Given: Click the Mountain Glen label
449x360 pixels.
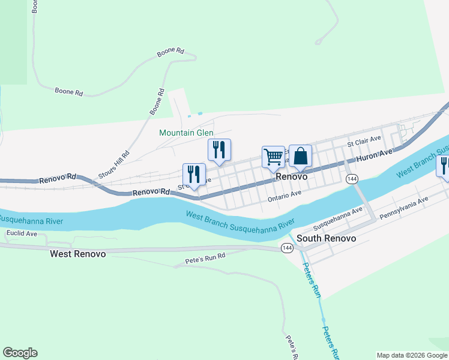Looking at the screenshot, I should click(186, 133).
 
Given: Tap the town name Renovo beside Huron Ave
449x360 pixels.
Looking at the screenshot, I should click(292, 178).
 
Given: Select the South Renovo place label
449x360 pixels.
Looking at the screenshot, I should click(326, 238).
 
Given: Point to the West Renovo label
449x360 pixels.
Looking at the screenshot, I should click(77, 254).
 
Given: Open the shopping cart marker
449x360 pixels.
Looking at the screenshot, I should click(273, 157).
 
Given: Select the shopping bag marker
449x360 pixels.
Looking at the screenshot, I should click(301, 156).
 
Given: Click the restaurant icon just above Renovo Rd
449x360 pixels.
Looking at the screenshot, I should click(194, 175).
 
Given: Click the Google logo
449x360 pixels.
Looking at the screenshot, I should click(20, 353).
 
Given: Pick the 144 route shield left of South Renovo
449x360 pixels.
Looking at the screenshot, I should click(287, 247).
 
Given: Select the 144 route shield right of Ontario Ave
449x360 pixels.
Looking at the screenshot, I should click(352, 179).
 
